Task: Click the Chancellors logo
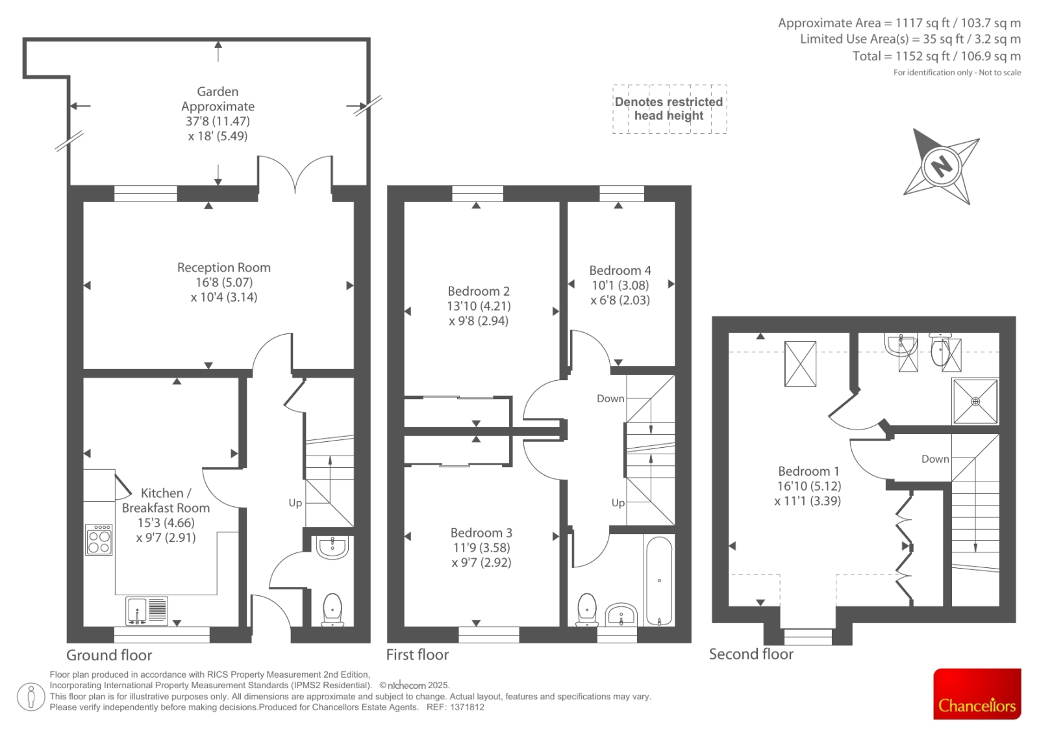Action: coord(977,693)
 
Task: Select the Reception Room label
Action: coord(223,268)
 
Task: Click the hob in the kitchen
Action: coord(99,539)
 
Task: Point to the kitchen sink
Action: coord(147,611)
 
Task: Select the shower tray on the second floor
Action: coord(975,401)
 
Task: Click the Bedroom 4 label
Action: coord(620,270)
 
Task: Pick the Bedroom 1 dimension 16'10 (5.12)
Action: coord(809,486)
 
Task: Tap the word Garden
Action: coord(218,92)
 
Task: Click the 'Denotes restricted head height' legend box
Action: coord(670,109)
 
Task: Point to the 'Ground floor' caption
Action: coord(109,655)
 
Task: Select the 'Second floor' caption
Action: coord(751,654)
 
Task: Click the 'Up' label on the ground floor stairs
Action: coord(295,503)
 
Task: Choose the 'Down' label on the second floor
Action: coord(935,459)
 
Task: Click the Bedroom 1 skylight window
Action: coord(800,363)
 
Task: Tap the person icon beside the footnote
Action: coord(31,697)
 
